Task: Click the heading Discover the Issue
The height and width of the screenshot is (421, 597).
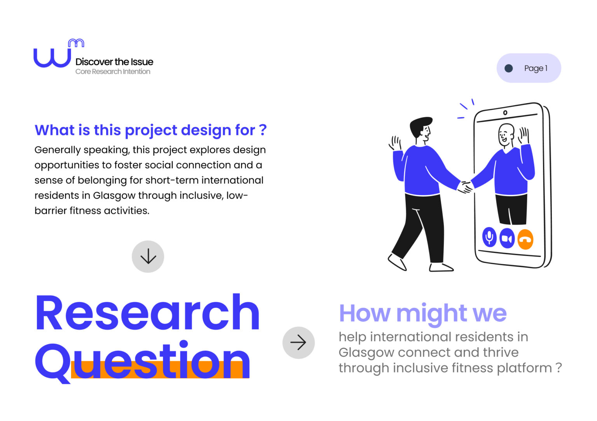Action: [x=114, y=62]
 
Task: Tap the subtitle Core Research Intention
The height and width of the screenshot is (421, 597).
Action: [x=113, y=71]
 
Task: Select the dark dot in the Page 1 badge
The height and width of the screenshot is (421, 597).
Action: [x=508, y=68]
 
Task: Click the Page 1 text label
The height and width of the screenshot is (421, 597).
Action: [x=536, y=68]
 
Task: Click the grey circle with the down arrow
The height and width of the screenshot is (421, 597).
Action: [x=148, y=256]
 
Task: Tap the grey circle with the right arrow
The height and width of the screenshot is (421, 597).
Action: [x=298, y=343]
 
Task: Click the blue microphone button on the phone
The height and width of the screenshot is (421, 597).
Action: [x=489, y=237]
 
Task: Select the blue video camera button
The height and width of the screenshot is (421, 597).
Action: [x=507, y=238]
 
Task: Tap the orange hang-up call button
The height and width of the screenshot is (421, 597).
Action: [x=525, y=239]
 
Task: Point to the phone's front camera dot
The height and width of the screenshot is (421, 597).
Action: [x=505, y=113]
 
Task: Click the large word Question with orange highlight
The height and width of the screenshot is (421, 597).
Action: [x=143, y=361]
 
